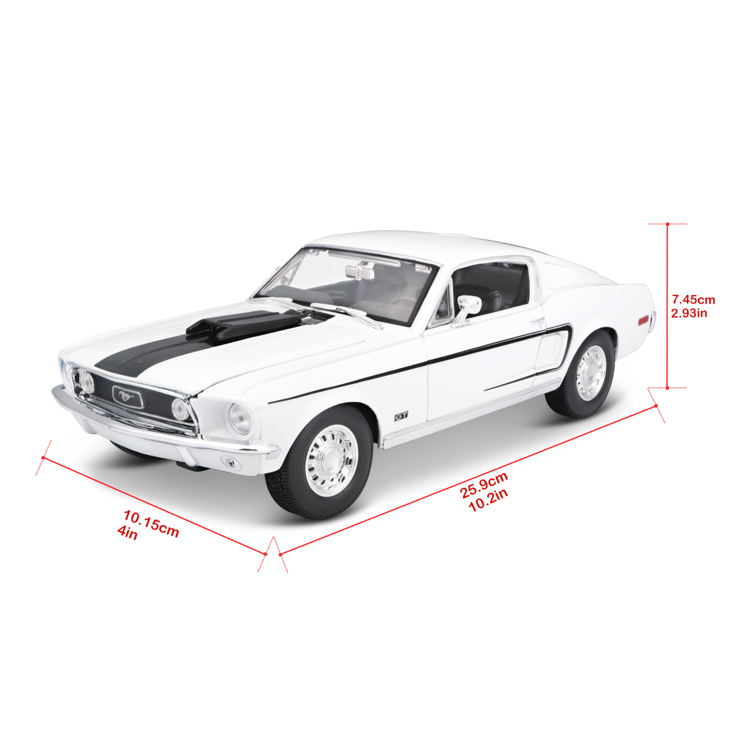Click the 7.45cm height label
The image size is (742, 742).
(693, 299)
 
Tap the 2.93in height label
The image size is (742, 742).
(689, 313)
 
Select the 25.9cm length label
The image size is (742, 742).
(484, 485)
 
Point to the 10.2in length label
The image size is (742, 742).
(488, 500)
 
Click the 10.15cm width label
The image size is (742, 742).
(151, 523)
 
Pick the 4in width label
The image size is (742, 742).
(127, 533)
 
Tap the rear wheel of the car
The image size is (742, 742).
(581, 375)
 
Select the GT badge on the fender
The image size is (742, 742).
(401, 416)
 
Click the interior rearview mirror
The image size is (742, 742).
(360, 271)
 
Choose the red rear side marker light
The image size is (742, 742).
(644, 320)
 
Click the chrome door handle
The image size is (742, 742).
(538, 320)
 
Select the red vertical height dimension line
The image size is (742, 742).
(667, 307)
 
